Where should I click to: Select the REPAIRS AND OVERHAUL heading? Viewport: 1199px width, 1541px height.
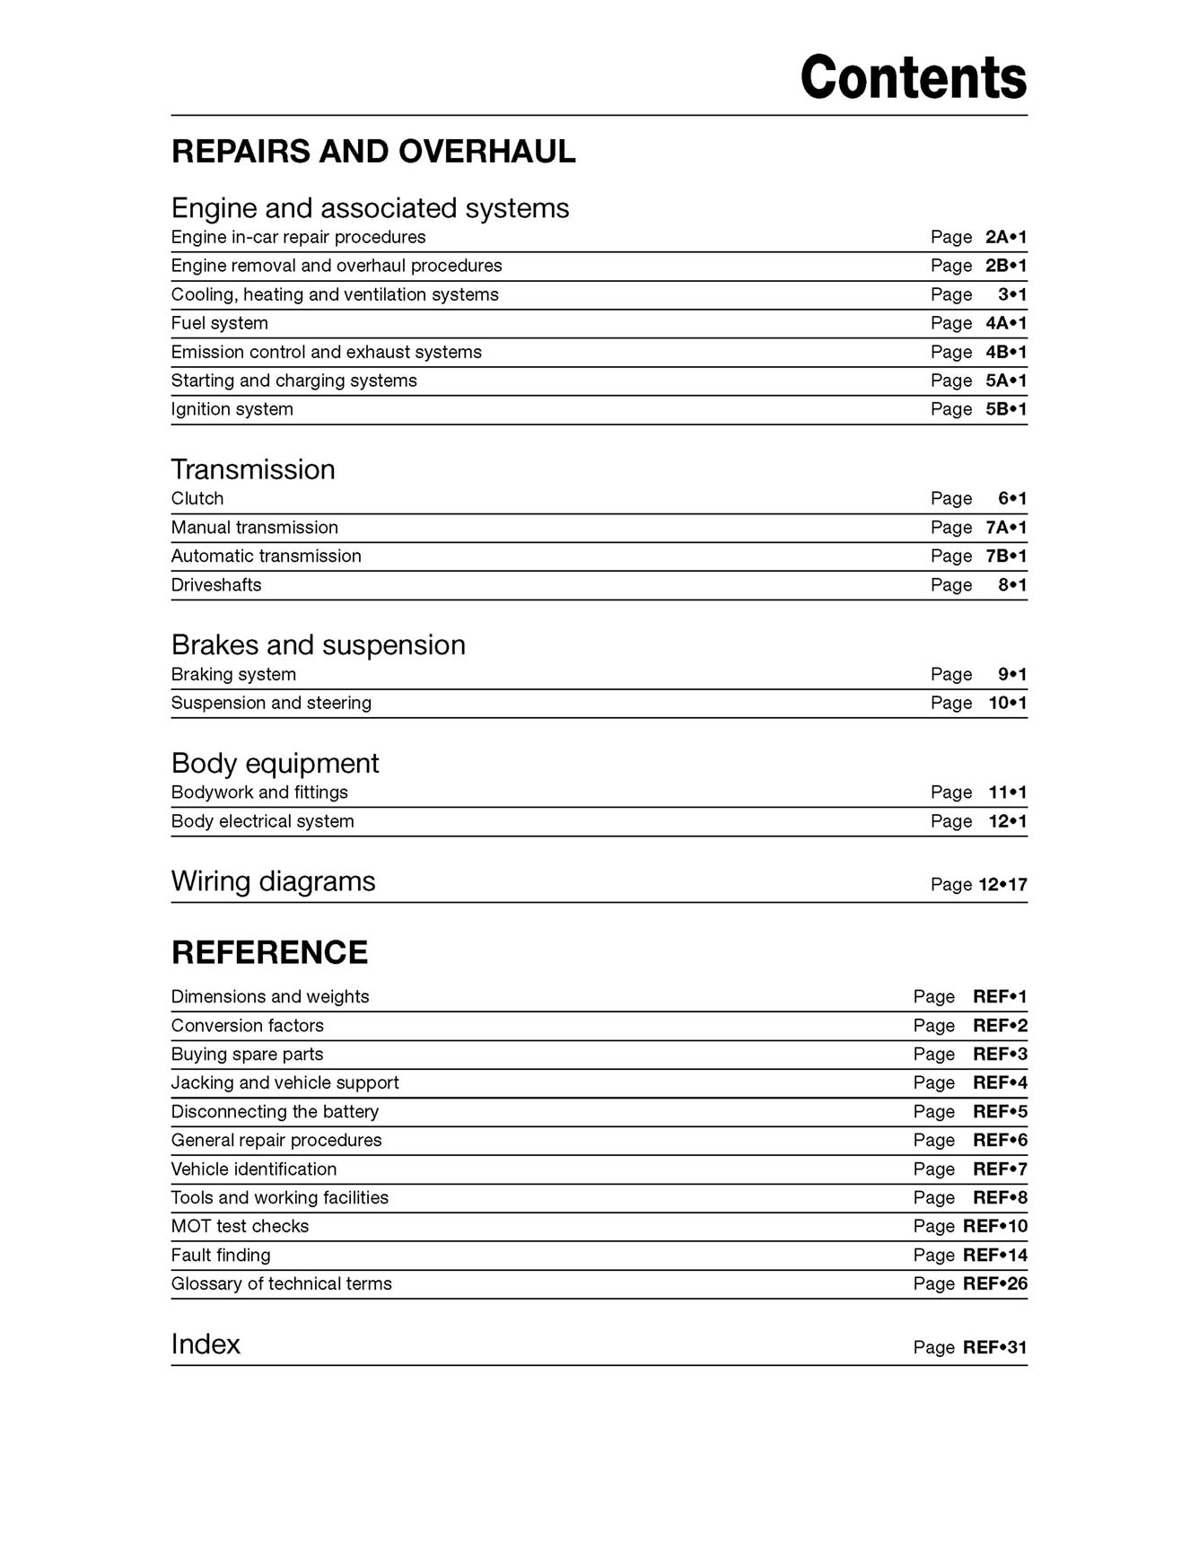[x=373, y=152]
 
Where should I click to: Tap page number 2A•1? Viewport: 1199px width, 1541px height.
[x=1005, y=237]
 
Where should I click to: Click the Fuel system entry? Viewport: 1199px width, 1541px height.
[x=220, y=323]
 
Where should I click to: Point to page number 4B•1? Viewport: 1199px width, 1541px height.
[x=1005, y=352]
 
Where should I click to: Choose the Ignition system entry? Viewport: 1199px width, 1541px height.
[x=232, y=409]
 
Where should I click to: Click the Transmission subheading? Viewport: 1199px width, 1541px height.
[x=253, y=469]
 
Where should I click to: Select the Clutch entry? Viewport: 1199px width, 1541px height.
[x=197, y=498]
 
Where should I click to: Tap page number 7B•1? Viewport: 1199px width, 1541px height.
[x=1005, y=556]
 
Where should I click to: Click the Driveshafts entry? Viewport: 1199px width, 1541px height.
[x=216, y=584]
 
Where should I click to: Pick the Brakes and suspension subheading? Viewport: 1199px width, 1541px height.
[x=318, y=644]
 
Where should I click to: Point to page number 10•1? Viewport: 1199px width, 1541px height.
[x=1007, y=703]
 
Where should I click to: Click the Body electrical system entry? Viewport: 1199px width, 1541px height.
[x=263, y=821]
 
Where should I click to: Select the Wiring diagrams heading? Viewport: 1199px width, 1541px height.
[x=273, y=881]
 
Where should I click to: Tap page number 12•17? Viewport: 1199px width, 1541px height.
[x=1002, y=885]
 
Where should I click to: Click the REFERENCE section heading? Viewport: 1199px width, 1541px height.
[x=269, y=952]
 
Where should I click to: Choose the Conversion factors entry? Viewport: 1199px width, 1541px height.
[x=248, y=1025]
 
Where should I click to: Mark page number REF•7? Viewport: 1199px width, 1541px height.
[x=1000, y=1169]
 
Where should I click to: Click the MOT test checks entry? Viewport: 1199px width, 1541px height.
[x=240, y=1226]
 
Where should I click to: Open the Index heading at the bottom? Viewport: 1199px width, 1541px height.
[x=206, y=1344]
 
